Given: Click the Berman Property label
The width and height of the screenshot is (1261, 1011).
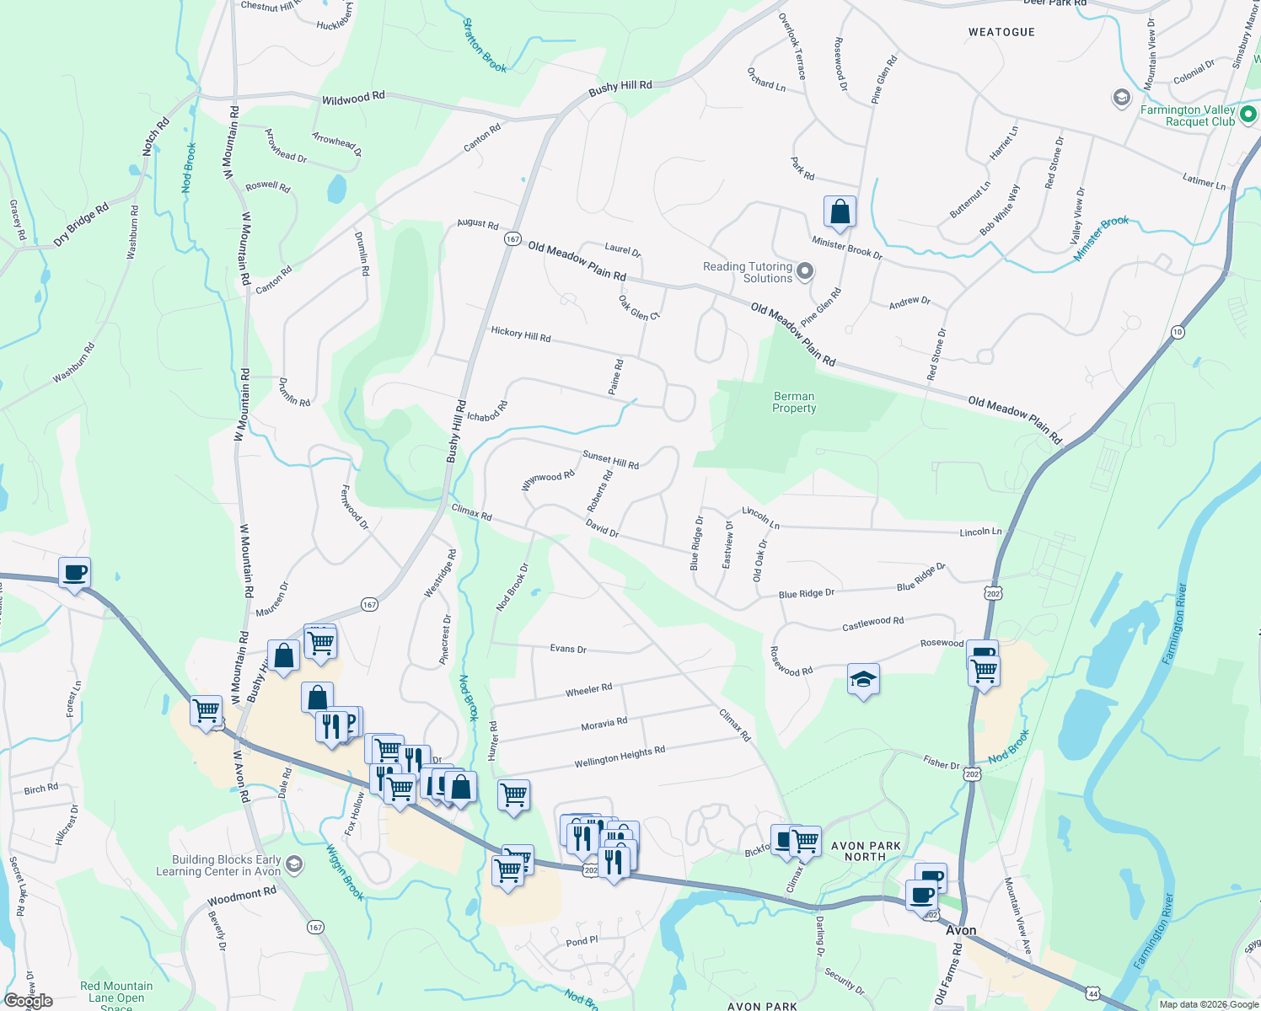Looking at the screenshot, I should [794, 402].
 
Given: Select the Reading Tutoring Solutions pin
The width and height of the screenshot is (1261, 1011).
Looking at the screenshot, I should [805, 271].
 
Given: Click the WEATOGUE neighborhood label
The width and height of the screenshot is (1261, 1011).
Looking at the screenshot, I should [1001, 32].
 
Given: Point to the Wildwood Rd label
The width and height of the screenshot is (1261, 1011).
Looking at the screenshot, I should [353, 99].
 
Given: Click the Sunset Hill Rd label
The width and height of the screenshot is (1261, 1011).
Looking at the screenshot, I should [610, 460].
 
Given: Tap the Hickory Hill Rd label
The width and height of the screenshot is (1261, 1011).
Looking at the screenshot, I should [520, 334].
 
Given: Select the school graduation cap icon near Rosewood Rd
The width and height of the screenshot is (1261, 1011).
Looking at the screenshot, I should [863, 679].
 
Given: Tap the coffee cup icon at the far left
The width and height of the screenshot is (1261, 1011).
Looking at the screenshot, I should [74, 573].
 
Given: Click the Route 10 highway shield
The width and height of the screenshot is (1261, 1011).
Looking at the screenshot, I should [1178, 332].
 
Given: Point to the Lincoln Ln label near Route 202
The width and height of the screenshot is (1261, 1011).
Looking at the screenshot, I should [980, 532].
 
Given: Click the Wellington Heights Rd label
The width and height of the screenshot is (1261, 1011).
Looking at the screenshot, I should [620, 757].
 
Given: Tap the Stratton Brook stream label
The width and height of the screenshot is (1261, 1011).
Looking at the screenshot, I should [485, 45].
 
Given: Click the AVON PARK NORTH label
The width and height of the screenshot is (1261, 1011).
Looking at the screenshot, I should [866, 851].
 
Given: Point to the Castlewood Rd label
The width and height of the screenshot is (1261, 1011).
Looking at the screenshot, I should [872, 623].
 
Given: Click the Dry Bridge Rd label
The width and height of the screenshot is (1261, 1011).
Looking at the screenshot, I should [81, 224].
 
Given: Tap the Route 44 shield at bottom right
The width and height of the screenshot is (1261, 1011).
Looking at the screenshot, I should [1093, 994].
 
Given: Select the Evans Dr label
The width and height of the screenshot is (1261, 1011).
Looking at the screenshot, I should [567, 649].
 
